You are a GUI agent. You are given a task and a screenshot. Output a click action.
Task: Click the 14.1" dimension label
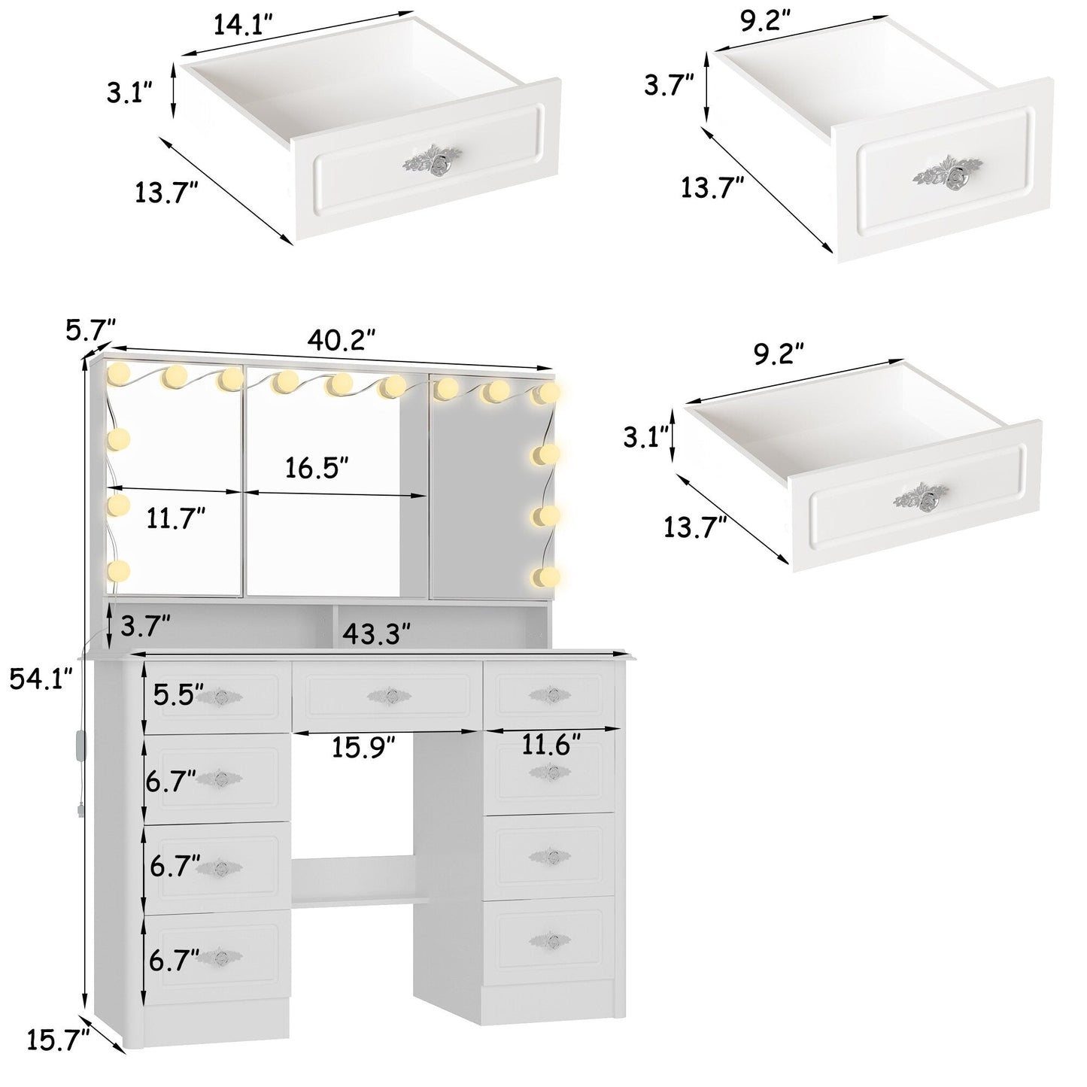(x=242, y=26)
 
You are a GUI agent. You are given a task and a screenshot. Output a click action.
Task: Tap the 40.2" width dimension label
(x=340, y=341)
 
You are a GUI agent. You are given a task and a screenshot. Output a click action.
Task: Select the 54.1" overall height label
(x=41, y=679)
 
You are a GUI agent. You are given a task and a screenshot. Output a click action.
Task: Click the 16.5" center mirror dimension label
(x=317, y=468)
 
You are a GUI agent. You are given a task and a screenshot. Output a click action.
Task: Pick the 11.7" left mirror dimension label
(x=176, y=518)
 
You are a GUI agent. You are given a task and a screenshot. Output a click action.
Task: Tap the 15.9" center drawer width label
(x=363, y=747)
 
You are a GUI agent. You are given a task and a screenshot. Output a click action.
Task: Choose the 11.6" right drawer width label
(x=551, y=745)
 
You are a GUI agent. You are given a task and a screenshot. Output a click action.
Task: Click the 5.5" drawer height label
(x=178, y=695)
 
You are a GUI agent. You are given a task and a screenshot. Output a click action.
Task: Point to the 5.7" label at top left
(x=90, y=329)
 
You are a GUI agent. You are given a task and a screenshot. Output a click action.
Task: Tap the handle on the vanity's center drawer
(x=390, y=696)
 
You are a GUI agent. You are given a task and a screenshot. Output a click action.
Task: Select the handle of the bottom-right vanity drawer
(x=550, y=939)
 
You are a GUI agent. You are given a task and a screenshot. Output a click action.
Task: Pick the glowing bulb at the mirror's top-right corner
(x=549, y=393)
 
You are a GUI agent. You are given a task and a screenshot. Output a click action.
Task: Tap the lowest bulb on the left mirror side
(x=118, y=571)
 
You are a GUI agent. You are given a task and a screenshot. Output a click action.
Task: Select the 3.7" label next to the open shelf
(x=145, y=624)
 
